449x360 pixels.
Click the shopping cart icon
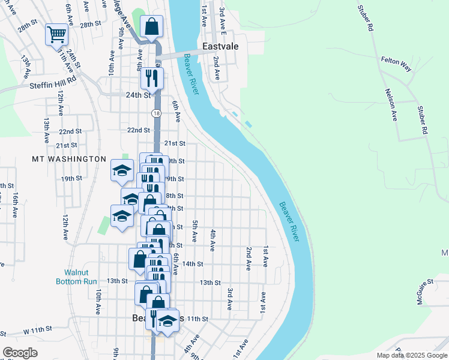(56, 34)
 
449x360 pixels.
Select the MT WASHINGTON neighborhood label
(69, 159)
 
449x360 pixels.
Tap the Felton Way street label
(396, 64)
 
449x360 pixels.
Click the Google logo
(20, 353)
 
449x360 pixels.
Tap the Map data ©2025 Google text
(411, 355)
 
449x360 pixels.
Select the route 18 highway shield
(156, 113)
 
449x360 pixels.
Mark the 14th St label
(193, 264)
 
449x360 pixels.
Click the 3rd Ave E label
(223, 20)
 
